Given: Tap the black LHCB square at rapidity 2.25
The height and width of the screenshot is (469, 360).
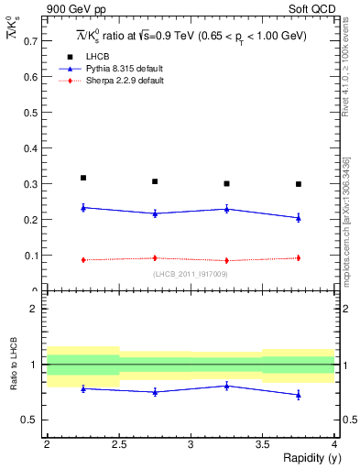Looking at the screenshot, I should (x=83, y=178).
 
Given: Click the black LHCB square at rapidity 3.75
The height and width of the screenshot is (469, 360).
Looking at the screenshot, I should (x=299, y=184).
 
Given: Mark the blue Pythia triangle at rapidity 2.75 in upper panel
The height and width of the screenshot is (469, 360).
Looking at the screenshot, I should (x=155, y=213).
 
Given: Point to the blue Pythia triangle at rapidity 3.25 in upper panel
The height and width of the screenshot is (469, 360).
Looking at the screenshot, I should (x=226, y=209).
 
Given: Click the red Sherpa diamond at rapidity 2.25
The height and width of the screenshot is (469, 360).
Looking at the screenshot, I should (x=83, y=260).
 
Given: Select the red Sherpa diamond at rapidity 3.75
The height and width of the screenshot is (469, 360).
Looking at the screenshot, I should (x=299, y=258).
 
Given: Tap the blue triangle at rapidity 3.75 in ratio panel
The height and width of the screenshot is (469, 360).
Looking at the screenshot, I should (x=299, y=395).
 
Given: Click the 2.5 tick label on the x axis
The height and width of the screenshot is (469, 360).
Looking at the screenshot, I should (x=119, y=444).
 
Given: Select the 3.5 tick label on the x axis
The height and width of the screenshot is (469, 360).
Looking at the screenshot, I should (x=262, y=444).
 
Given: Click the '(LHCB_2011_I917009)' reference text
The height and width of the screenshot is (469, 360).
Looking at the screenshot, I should (x=191, y=274).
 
